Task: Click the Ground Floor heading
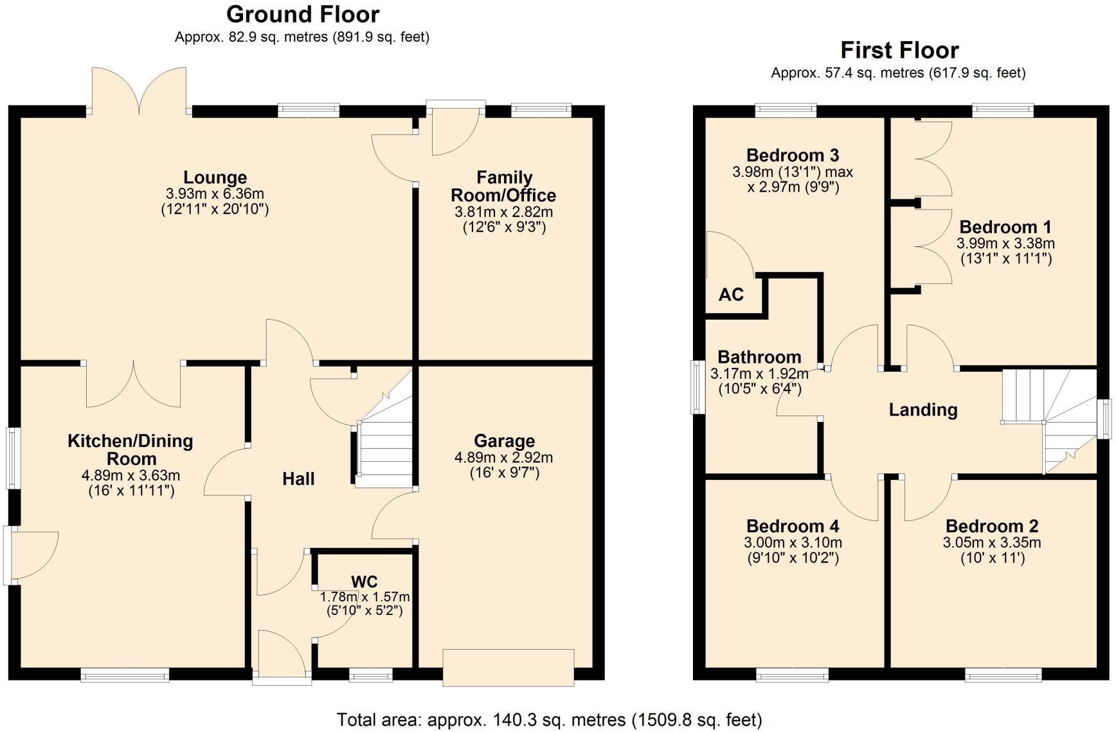pyautogui.click(x=302, y=14)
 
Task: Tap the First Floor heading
pyautogui.click(x=899, y=50)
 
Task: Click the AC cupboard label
pyautogui.click(x=731, y=295)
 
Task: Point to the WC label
pyautogui.click(x=364, y=582)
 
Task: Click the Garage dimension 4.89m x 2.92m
pyautogui.click(x=503, y=458)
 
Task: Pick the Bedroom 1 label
pyautogui.click(x=1005, y=227)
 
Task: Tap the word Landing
pyautogui.click(x=923, y=410)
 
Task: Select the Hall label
pyautogui.click(x=298, y=479)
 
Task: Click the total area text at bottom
pyautogui.click(x=549, y=719)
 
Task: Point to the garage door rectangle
pyautogui.click(x=508, y=668)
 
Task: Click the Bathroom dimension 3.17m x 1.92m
pyautogui.click(x=759, y=374)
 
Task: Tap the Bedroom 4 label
pyautogui.click(x=793, y=526)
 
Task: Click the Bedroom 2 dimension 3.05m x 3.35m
pyautogui.click(x=991, y=542)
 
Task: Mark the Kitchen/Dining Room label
pyautogui.click(x=130, y=450)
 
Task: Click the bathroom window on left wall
pyautogui.click(x=696, y=387)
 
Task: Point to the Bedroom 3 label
pyautogui.click(x=792, y=155)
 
